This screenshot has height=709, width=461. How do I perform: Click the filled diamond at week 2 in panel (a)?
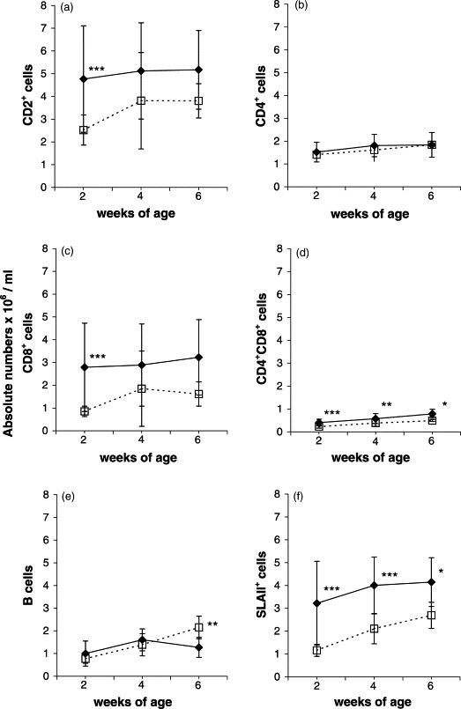coord(84,78)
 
